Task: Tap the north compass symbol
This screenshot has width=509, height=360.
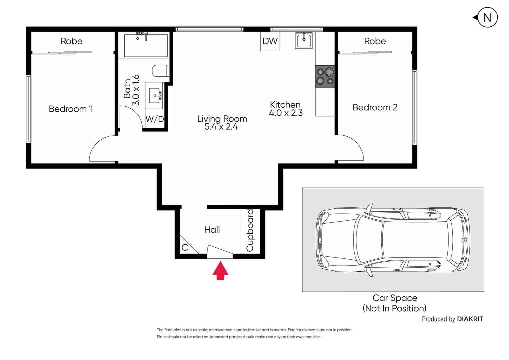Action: click(487, 17)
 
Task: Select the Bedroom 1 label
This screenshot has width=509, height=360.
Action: click(70, 109)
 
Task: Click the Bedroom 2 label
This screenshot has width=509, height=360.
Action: click(375, 107)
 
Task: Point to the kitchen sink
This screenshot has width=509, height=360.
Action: click(304, 41)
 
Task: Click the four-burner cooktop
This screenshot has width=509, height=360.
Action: click(325, 76)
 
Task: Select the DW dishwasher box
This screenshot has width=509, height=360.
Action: click(270, 41)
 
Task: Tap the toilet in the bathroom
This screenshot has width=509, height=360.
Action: click(160, 71)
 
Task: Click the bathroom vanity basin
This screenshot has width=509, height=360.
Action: click(155, 95)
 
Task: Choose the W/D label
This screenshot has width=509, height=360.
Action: click(155, 119)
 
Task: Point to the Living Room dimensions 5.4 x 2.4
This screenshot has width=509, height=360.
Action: click(221, 127)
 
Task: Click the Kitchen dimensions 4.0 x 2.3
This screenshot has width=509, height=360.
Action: click(286, 113)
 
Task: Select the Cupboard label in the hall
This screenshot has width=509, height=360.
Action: click(250, 230)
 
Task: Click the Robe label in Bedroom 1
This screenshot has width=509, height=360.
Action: click(71, 41)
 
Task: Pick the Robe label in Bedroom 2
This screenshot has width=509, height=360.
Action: click(375, 41)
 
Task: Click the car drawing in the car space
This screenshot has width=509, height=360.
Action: click(393, 239)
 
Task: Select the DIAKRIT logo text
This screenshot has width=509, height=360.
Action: click(470, 319)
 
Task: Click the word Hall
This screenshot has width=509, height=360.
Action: click(212, 230)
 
